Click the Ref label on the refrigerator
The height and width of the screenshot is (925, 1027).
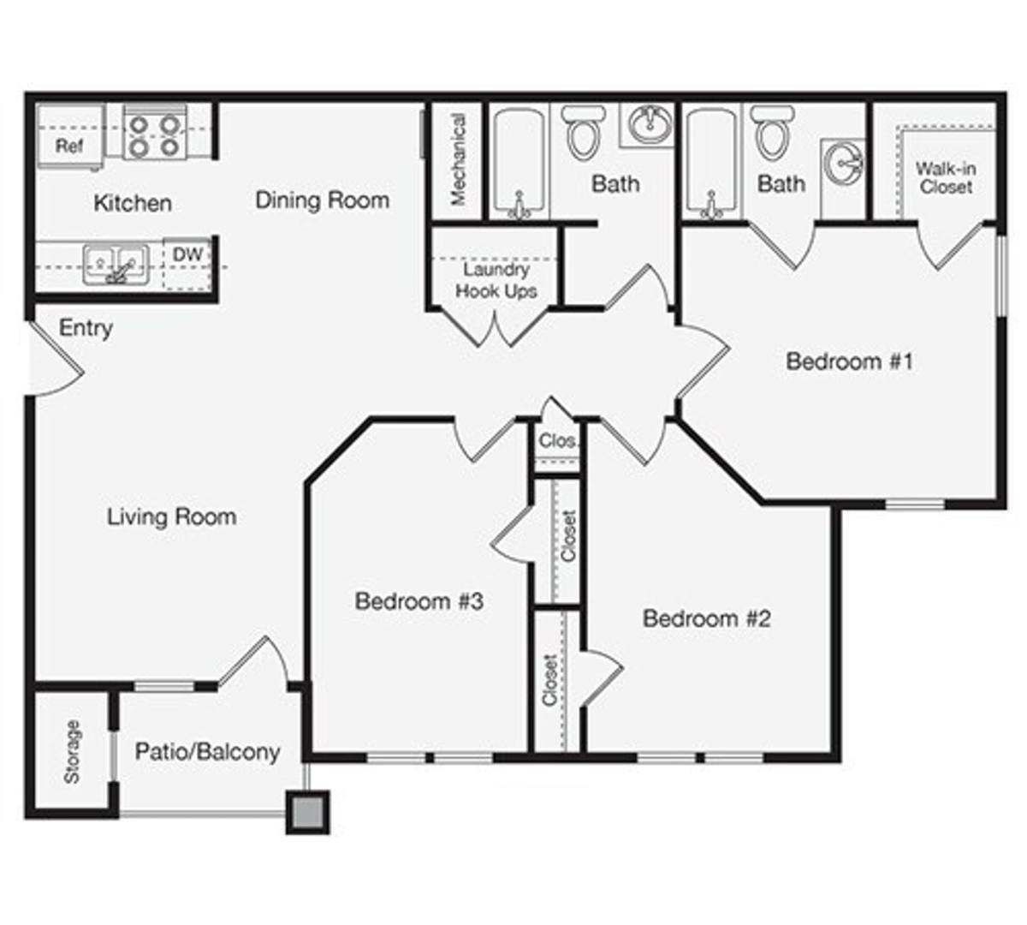(x=69, y=146)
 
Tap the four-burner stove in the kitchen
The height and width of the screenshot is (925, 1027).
(x=155, y=134)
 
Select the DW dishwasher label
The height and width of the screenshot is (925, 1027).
(x=188, y=254)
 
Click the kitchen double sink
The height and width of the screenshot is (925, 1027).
(x=116, y=264)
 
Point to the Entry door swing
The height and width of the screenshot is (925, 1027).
(x=56, y=359)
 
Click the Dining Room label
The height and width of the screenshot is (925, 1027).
(x=323, y=200)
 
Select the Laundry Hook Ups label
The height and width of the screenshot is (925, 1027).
(x=496, y=280)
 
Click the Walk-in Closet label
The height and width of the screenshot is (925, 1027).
(x=946, y=178)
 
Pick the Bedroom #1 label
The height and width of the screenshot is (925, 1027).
(x=849, y=361)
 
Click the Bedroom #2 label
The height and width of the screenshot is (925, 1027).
(x=707, y=618)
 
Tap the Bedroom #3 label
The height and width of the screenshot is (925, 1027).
(x=419, y=601)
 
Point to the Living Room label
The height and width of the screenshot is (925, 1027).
(x=171, y=516)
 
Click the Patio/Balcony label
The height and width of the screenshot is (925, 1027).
(x=207, y=752)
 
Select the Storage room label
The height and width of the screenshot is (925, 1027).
(x=72, y=752)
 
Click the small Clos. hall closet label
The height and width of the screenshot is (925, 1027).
(x=557, y=441)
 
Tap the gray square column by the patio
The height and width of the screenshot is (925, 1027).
(x=307, y=812)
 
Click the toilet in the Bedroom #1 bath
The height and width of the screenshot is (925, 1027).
(x=773, y=133)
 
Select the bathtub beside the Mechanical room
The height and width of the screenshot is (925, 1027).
(x=519, y=164)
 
